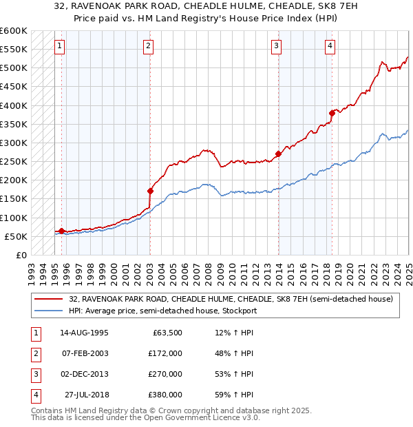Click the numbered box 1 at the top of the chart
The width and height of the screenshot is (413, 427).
(60, 47)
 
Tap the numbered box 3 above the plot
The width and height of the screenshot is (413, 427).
(276, 47)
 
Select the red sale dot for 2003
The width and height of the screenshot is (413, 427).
(150, 191)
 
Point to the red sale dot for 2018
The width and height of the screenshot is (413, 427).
(332, 113)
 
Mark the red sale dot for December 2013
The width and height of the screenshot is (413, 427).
(279, 154)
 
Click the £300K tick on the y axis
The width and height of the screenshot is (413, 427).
(14, 143)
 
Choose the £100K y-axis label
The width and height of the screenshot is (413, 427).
(14, 218)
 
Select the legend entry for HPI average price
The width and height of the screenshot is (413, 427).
(162, 311)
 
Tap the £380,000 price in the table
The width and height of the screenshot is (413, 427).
(165, 395)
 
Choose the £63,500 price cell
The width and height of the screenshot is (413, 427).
(165, 333)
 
